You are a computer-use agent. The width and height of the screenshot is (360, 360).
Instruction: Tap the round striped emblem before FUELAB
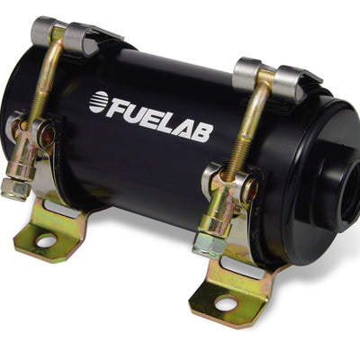(98, 102)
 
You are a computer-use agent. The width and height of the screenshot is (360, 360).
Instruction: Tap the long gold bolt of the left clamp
(46, 90)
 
